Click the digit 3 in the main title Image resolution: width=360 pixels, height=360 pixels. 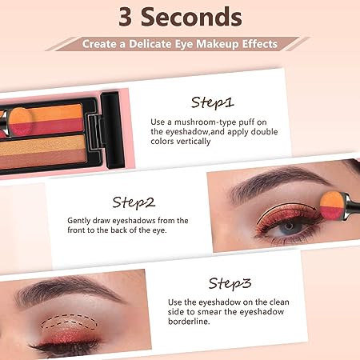click(x=126, y=17)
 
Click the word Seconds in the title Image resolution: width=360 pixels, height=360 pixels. click(x=191, y=17)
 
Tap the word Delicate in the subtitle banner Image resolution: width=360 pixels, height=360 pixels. click(x=150, y=44)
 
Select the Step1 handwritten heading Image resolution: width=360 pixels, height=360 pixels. click(x=212, y=102)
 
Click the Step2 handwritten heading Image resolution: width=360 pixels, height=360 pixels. click(x=134, y=202)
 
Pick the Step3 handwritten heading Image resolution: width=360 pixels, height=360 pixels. click(x=230, y=283)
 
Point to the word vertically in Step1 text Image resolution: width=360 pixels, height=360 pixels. click(x=194, y=142)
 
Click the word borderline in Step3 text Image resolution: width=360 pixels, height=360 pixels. click(x=189, y=322)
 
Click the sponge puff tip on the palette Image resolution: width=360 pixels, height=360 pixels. click(x=21, y=122)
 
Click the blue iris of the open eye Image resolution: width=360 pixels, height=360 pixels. click(x=290, y=227)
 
